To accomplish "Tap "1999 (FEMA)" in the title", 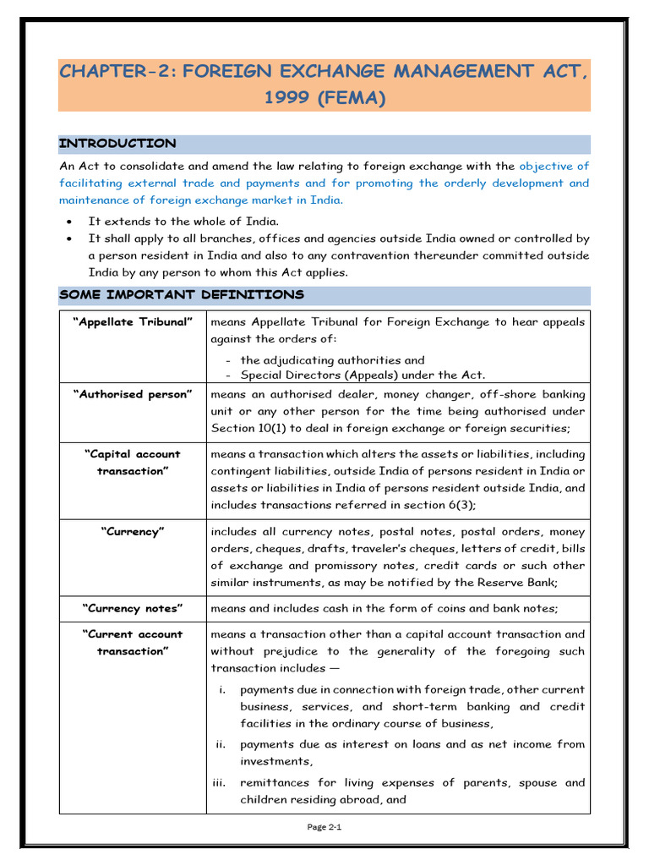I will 324,98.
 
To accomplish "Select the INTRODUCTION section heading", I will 117,144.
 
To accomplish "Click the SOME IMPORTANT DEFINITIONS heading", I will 181,295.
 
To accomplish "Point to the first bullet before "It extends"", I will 68,222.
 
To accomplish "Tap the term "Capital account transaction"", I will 133,463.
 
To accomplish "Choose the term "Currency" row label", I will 133,532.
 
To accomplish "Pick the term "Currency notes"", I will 133,608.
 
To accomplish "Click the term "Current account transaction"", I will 133,643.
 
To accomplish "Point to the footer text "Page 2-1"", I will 324,827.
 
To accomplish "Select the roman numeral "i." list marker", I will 222,690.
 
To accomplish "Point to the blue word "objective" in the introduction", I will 546,167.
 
